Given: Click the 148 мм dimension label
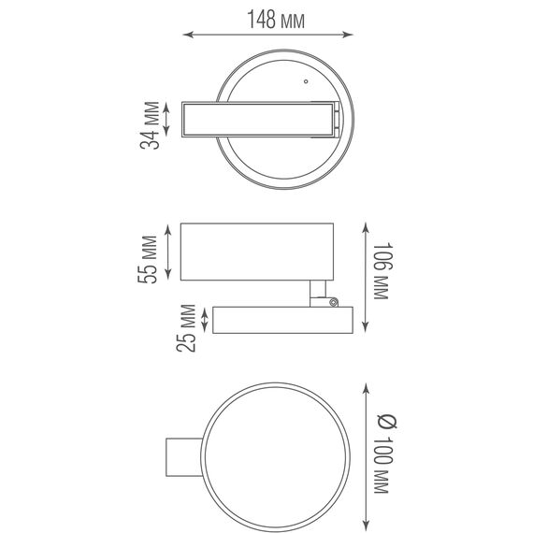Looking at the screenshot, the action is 276,20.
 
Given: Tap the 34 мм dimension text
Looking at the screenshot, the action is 150,125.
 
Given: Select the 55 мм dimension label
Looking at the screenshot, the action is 148,259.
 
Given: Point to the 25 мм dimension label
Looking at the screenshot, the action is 186,328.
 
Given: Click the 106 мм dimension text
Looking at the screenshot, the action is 383,270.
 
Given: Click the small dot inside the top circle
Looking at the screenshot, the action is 306,81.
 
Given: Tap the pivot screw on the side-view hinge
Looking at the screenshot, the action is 334,302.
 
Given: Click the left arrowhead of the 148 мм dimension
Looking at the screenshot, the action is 188,35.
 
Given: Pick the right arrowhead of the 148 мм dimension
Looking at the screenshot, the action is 348,35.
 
